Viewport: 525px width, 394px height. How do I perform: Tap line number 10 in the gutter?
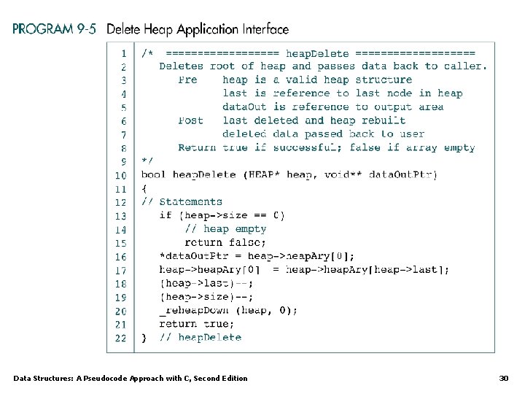(x=120, y=175)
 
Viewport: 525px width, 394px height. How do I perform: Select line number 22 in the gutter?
(x=120, y=337)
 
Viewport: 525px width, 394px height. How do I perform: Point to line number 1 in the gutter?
(x=123, y=53)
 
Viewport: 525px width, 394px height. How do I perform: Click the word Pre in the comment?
(x=187, y=80)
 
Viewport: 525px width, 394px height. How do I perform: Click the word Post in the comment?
(x=190, y=120)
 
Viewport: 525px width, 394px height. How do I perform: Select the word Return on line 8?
(x=197, y=147)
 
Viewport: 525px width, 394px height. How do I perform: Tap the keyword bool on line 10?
(x=153, y=175)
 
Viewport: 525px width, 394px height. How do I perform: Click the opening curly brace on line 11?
(x=144, y=188)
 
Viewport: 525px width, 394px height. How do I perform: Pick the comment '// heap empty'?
(x=225, y=229)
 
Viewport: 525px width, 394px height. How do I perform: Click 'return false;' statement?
(x=225, y=242)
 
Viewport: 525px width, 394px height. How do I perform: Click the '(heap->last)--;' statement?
(x=206, y=283)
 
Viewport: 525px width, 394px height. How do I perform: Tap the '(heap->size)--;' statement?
(x=206, y=297)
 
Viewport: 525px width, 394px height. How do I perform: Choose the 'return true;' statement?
(x=197, y=324)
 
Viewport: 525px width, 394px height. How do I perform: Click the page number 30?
(x=503, y=378)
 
